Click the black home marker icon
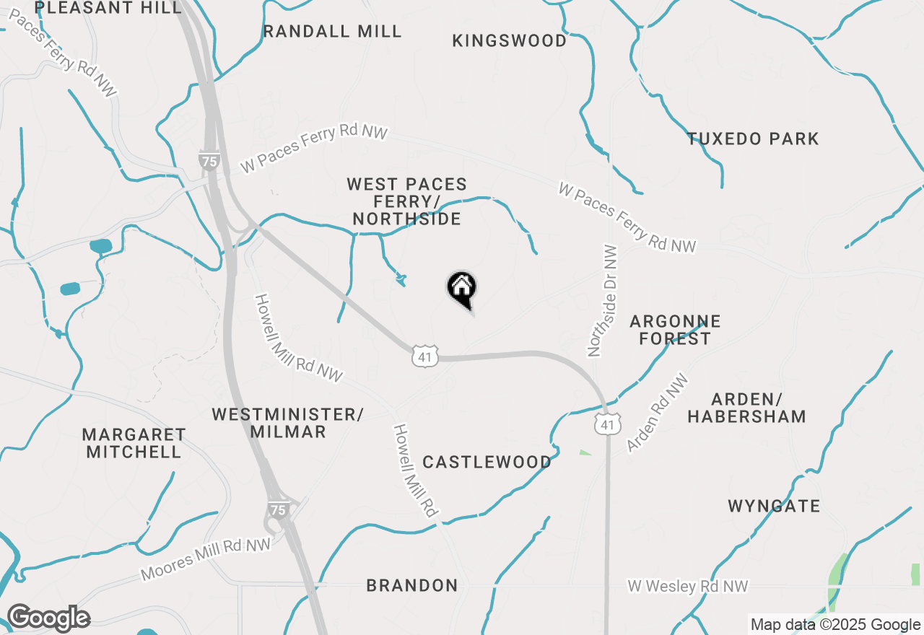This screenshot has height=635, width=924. (462, 289)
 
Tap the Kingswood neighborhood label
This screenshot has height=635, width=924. (510, 41)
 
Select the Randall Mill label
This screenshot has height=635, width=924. (333, 31)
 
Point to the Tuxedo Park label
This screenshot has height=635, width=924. (753, 139)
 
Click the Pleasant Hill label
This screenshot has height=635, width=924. (108, 8)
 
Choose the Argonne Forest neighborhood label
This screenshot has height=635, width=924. (675, 330)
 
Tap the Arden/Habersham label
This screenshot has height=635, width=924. (746, 408)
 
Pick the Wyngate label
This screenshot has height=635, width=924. (774, 506)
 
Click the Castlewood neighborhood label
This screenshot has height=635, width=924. (487, 462)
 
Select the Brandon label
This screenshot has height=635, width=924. (411, 585)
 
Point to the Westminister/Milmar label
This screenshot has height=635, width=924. (287, 423)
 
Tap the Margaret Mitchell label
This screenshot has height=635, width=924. (134, 443)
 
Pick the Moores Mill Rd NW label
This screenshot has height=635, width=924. (206, 559)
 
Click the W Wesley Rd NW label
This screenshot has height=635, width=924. (687, 587)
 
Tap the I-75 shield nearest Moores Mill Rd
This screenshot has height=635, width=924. (279, 509)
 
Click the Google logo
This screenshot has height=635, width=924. (48, 618)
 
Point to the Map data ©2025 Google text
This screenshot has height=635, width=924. (835, 625)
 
